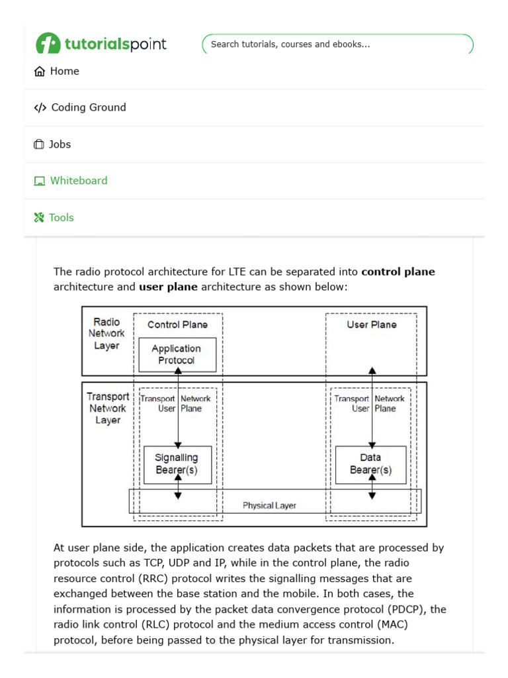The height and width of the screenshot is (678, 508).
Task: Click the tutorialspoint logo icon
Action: pos(48,44)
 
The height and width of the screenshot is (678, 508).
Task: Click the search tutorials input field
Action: pos(337,44)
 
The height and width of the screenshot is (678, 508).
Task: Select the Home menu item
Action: pos(64,72)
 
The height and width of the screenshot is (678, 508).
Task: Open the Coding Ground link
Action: pos(88,107)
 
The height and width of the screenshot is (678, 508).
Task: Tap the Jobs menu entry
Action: pos(60,144)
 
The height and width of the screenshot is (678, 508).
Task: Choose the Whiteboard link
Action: pos(78,181)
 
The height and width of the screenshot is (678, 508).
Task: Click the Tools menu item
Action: pos(61,217)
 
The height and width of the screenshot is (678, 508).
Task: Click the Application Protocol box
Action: pos(177,354)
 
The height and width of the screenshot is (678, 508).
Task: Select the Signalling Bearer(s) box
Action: pos(177,464)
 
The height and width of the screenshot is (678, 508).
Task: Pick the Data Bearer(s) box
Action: pos(370,464)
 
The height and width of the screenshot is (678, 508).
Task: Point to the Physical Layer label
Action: pos(269,505)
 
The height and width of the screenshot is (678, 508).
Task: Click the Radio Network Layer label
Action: pos(106,334)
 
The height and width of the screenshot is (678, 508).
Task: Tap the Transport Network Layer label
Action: pos(108,408)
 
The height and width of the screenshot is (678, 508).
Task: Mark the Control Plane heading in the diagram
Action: pos(177,324)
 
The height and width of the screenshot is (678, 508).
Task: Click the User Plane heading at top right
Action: pos(372,324)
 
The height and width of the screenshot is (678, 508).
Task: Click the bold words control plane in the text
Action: pos(398,272)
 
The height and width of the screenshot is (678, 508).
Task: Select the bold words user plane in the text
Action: pos(168,287)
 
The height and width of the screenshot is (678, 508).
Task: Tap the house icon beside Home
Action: pos(40,72)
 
